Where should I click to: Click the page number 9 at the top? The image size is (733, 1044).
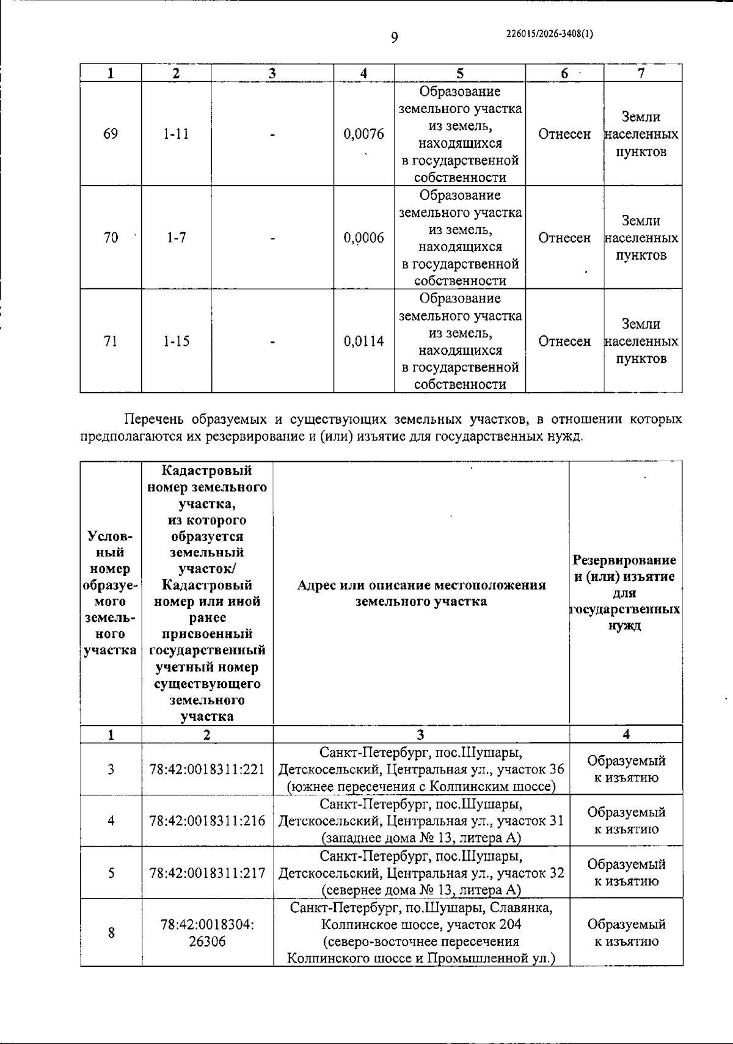point(394,38)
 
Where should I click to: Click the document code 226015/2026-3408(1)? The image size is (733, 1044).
point(550,34)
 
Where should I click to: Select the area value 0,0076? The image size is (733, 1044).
point(364,134)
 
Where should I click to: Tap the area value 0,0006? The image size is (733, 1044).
point(364,238)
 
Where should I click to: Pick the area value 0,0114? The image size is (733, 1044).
point(364,341)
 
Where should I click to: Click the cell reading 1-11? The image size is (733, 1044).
point(176,134)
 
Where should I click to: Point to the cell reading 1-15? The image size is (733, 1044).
point(176,341)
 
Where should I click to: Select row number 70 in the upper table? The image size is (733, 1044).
point(111,238)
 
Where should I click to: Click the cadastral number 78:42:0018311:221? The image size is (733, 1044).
point(207,769)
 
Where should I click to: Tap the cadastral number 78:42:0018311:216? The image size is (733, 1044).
point(207,820)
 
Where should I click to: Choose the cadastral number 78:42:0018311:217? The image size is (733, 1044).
point(207,872)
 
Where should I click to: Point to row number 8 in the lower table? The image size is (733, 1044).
point(111,933)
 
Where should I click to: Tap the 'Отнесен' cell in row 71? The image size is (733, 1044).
point(564,341)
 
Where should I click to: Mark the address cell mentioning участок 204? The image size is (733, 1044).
point(421,933)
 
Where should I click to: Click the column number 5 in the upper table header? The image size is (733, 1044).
point(459,73)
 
